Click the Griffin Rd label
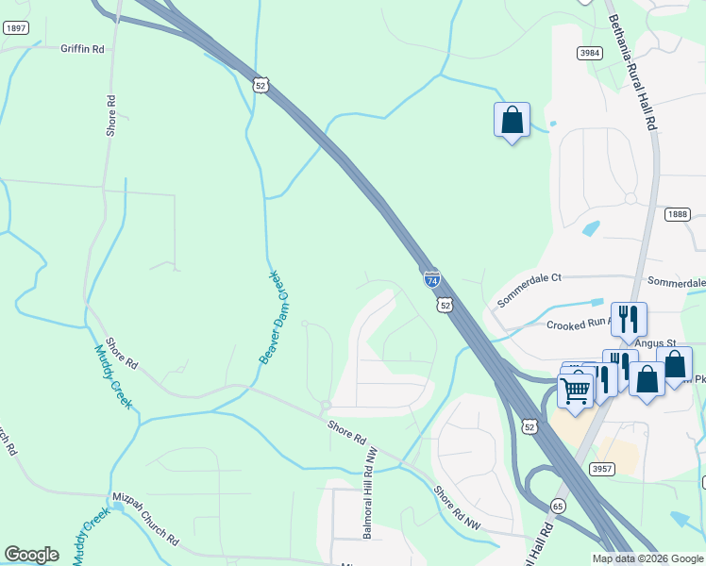pyautogui.click(x=82, y=48)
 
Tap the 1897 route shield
pyautogui.click(x=15, y=28)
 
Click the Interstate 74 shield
pyautogui.click(x=431, y=279)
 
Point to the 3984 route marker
pyautogui.click(x=591, y=55)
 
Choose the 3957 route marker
pyautogui.click(x=603, y=469)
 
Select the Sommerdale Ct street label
pyautogui.click(x=529, y=277)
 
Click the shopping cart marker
pyautogui.click(x=576, y=389)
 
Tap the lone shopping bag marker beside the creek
pyautogui.click(x=512, y=121)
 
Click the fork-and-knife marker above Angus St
pyautogui.click(x=629, y=319)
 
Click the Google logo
pyautogui.click(x=31, y=555)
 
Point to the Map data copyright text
pyautogui.click(x=648, y=558)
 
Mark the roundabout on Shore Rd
pyautogui.click(x=325, y=406)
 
